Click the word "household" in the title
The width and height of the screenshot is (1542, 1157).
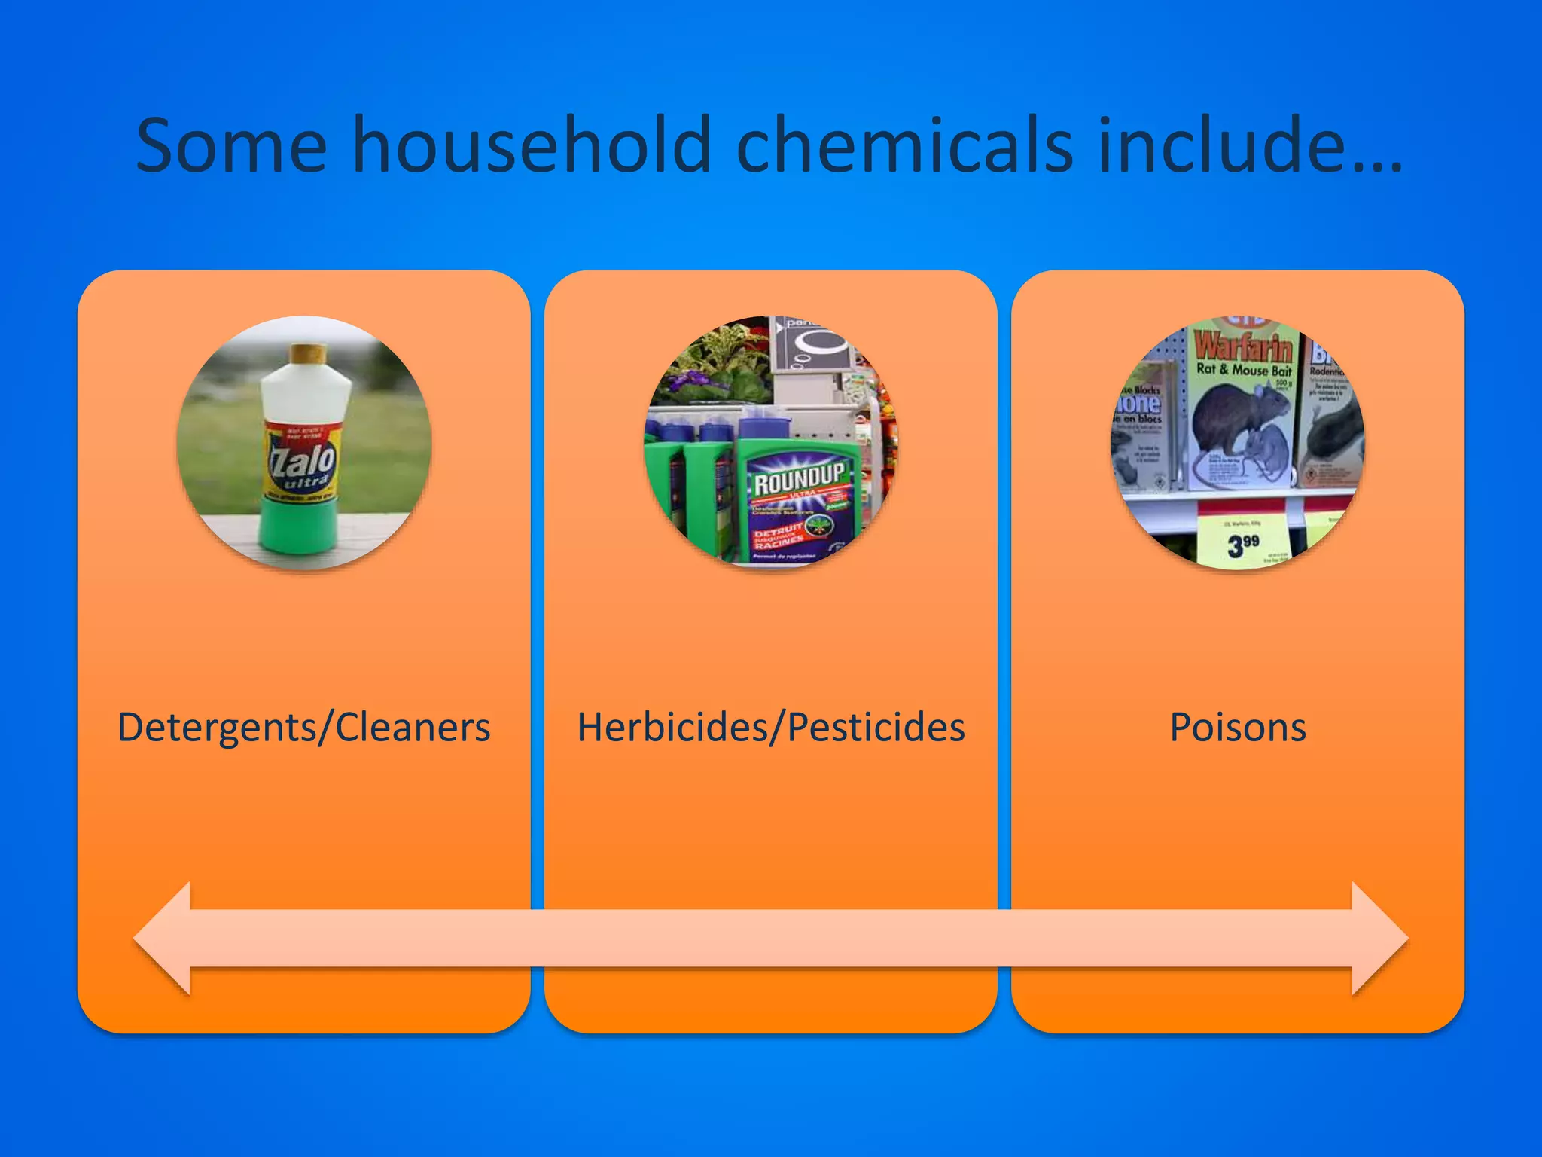pyautogui.click(x=532, y=145)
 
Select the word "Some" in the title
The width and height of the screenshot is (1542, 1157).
pyautogui.click(x=231, y=145)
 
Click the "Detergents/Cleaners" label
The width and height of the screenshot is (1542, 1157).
pyautogui.click(x=303, y=728)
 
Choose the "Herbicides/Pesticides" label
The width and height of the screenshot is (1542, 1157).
pyautogui.click(x=771, y=728)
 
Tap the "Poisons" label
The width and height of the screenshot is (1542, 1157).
pyautogui.click(x=1238, y=728)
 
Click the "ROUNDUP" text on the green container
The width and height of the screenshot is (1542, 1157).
pyautogui.click(x=800, y=479)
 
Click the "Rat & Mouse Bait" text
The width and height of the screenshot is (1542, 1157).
pyautogui.click(x=1243, y=370)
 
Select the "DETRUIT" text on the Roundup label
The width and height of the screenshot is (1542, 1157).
pyautogui.click(x=778, y=532)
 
